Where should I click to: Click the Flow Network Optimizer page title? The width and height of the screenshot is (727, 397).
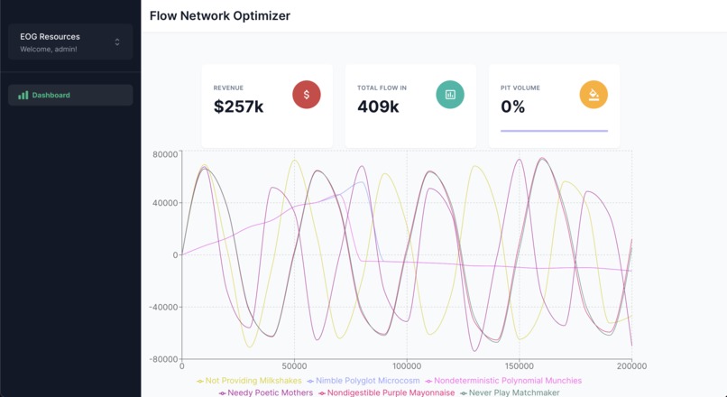click(219, 16)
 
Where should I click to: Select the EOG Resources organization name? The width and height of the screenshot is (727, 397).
click(50, 37)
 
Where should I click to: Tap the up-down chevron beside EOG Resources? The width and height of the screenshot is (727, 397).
click(117, 42)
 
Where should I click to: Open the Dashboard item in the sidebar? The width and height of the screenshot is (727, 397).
click(51, 95)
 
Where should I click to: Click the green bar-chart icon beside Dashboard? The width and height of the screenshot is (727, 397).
click(23, 95)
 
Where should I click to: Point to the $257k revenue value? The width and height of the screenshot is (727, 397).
click(238, 106)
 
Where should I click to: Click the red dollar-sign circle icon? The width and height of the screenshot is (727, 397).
click(307, 95)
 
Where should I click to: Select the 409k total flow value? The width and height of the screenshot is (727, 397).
click(378, 106)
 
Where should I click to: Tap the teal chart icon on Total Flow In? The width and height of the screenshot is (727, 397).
click(450, 95)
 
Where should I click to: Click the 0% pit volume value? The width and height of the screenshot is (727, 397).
click(512, 106)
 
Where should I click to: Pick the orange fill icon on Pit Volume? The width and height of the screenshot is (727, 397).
click(594, 95)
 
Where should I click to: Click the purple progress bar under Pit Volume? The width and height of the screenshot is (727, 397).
click(554, 131)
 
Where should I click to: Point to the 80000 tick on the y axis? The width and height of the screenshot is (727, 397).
click(164, 154)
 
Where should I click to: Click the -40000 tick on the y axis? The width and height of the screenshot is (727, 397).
click(162, 307)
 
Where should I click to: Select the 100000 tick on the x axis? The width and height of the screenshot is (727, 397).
click(407, 366)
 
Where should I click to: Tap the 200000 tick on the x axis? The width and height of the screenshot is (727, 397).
click(630, 366)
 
